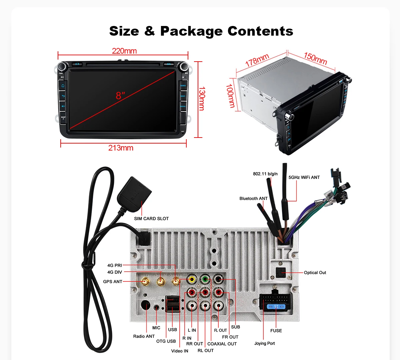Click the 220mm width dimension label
pos(124,51)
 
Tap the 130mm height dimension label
pos(202,99)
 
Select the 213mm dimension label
pos(121,148)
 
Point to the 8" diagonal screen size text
pos(120,96)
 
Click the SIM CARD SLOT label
pos(151,218)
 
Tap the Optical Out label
pos(315,272)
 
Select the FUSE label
pos(276,330)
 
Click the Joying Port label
pos(265,343)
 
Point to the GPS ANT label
pos(113,281)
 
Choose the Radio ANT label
pos(144,336)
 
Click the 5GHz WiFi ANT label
pos(304,177)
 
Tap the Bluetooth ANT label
pos(253,198)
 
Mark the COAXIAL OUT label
pos(222,344)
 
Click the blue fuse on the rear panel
pos(276,306)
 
